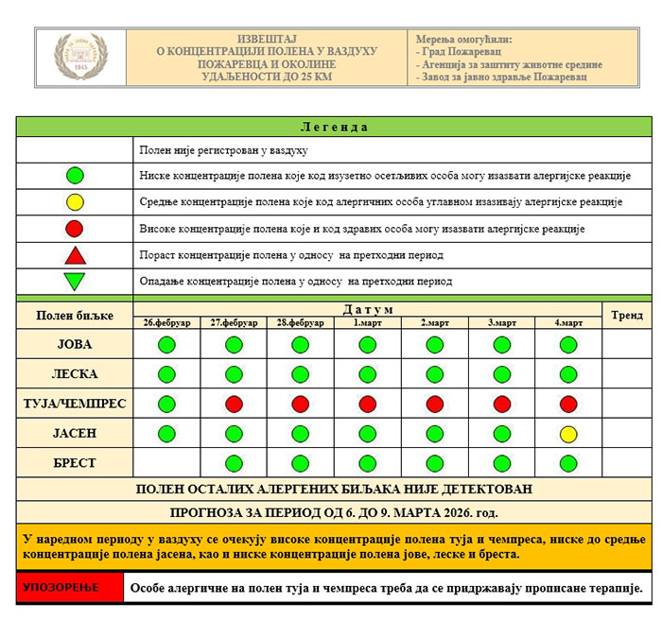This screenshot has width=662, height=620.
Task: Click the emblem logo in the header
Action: point(80,57)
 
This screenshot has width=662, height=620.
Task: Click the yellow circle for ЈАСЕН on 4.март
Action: point(568,434)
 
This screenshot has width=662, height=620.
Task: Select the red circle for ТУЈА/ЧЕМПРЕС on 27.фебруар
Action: point(234,404)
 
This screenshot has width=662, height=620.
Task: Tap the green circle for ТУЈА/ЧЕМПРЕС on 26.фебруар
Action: point(166,404)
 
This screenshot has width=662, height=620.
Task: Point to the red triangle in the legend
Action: point(75,255)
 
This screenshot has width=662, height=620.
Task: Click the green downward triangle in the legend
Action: point(75,281)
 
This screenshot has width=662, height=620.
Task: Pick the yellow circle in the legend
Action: point(75,201)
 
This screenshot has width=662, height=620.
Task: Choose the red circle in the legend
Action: point(75,228)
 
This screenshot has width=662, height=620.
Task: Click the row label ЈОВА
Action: point(75,344)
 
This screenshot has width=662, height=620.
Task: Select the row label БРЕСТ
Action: point(75,463)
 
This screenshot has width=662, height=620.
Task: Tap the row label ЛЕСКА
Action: point(75,374)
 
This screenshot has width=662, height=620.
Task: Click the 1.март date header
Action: point(368,323)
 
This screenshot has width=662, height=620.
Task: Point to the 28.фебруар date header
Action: point(301,323)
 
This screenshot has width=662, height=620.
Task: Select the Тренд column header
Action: point(626,316)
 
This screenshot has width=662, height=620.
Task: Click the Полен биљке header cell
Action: point(75,316)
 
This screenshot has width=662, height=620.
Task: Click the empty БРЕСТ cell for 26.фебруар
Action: point(166,463)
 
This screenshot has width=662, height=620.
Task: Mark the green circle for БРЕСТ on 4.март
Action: point(568,463)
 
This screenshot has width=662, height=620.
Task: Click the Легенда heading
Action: point(334,127)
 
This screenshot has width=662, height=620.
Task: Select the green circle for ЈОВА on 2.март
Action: point(435,344)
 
